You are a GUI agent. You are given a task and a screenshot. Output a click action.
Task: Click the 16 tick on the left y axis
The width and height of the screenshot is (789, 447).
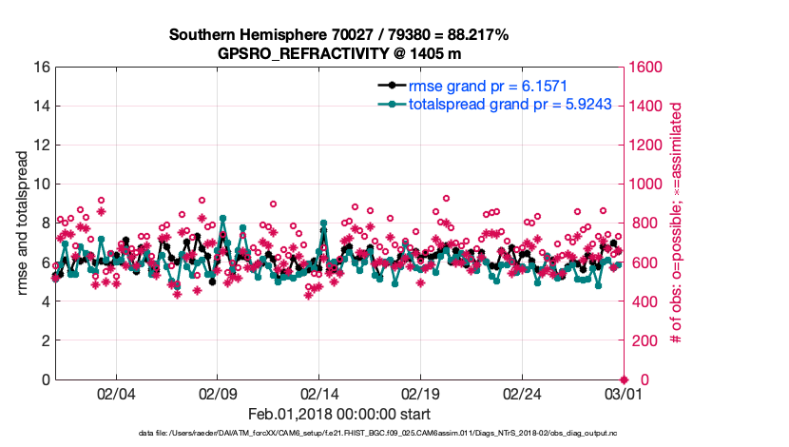point(41,68)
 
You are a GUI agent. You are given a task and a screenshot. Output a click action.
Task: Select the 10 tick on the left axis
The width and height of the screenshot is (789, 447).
point(41,185)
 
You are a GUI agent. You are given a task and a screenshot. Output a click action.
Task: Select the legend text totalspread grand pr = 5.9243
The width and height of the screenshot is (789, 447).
point(515,105)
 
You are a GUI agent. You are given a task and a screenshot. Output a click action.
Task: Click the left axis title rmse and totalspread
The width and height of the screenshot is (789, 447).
point(20,223)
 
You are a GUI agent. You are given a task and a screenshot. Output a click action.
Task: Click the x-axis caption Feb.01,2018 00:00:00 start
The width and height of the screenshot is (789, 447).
point(338,415)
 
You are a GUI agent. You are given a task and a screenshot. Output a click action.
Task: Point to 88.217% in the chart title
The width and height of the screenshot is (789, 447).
point(471,34)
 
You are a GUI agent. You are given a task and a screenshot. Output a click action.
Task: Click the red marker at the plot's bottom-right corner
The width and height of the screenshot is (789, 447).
point(624,379)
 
